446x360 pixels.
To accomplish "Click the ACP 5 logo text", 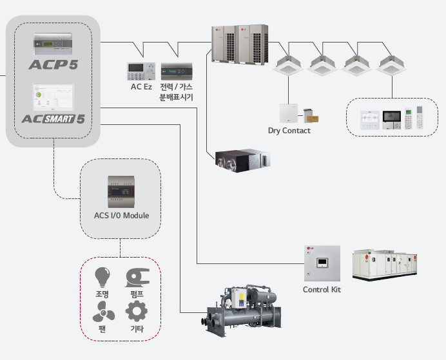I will pos(53,64).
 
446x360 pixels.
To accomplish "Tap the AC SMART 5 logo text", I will pos(53,118).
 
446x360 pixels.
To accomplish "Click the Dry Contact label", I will pos(289,131).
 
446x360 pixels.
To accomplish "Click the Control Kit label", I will pos(322,289).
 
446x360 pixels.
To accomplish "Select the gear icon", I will pos(136,312).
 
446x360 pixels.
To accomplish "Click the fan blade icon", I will pos(102,312).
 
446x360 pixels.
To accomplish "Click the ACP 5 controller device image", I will pos(53,44).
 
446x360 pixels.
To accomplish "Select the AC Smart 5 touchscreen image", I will pos(53,98).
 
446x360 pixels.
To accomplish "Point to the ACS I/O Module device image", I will pos(121,191).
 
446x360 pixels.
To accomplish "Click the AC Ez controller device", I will pos(141,70).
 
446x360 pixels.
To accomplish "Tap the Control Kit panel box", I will pos(321,262).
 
